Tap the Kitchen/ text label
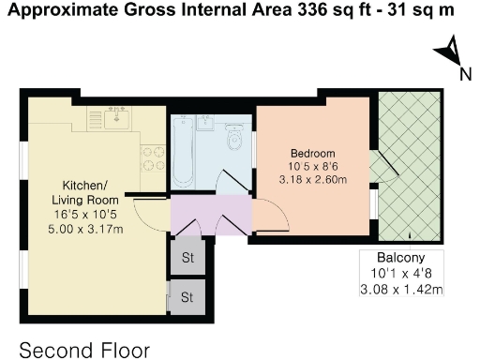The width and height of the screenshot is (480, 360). pos(85,186)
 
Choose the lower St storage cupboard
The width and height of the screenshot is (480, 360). pos(187,298)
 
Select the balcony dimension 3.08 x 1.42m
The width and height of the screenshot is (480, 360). pos(404,290)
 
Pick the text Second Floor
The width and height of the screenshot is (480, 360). pos(84,351)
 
